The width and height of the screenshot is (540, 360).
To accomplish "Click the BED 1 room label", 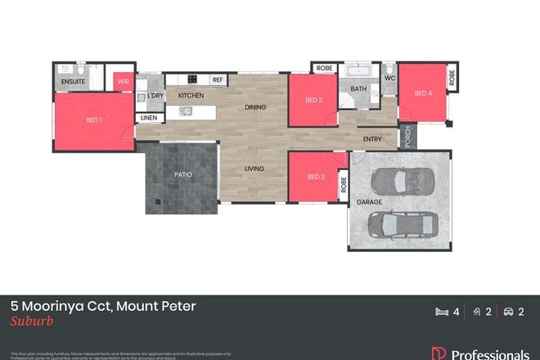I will click(94, 120).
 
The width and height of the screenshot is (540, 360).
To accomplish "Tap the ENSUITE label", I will click(73, 82).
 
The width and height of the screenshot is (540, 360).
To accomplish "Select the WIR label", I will click(124, 82).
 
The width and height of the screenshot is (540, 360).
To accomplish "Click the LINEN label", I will click(148, 118).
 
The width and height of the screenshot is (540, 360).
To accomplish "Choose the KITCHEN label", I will click(191, 96).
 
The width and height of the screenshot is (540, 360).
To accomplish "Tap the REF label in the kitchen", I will click(218, 80).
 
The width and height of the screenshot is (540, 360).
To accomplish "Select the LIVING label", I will click(255, 169).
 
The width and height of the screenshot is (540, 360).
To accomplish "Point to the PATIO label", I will click(182, 174).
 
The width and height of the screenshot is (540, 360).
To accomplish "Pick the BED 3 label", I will click(316, 178).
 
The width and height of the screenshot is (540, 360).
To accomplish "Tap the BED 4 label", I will click(422, 93).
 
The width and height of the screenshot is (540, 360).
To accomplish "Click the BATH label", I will click(358, 88).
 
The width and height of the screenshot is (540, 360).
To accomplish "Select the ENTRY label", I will click(371, 138).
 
